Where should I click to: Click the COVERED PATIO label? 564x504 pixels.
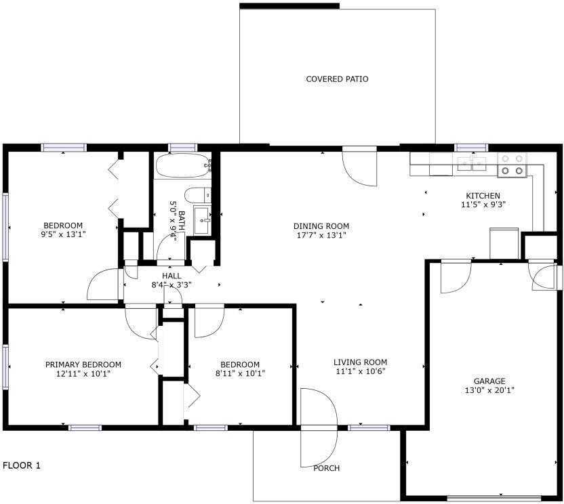point(337,79)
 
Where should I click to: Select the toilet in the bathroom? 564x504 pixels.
point(198,195)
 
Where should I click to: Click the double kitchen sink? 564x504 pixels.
point(472,163)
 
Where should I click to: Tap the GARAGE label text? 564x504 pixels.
point(489,381)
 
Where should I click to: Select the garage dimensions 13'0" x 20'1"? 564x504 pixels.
point(489,391)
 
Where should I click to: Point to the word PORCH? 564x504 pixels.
point(327,468)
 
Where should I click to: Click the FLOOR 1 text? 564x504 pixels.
point(22,465)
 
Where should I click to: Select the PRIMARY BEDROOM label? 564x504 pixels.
point(83,364)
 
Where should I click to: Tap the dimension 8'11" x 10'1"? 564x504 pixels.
point(240,373)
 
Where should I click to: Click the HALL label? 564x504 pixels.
point(172,276)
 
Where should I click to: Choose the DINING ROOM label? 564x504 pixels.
point(321,226)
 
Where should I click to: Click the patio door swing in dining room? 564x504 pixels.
point(359,166)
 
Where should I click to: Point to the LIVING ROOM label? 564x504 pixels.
point(360,362)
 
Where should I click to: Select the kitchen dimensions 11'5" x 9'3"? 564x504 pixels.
point(483,205)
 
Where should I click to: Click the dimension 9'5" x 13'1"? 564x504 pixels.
point(63,234)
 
